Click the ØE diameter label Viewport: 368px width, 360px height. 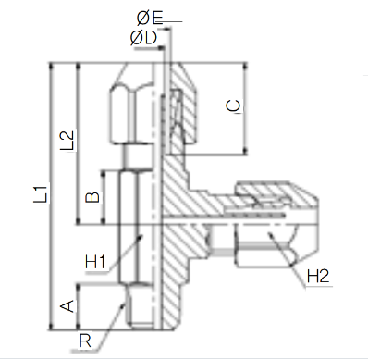click(150, 18)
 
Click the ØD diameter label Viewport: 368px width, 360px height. click(143, 38)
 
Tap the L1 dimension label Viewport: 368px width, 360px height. click(41, 194)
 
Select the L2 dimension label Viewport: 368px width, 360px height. click(67, 141)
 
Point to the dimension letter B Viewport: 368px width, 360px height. click(92, 197)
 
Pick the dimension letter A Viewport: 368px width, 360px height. click(67, 306)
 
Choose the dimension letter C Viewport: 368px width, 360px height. click(233, 106)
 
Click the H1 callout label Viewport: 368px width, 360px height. click(95, 262)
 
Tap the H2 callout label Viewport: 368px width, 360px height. click(318, 276)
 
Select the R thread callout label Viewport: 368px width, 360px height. click(85, 341)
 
